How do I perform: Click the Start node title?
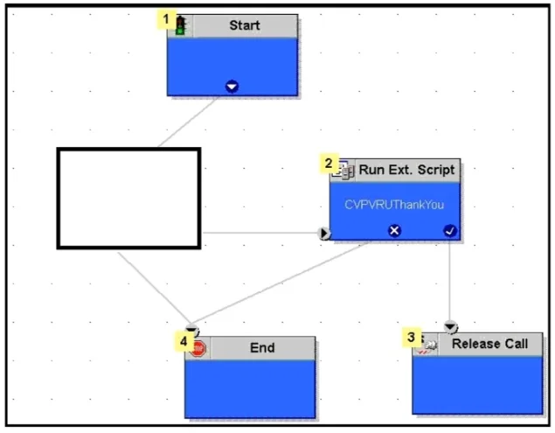245,25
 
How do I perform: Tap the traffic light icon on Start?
181,25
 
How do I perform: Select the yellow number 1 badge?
166,18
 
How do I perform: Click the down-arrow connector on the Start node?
232,87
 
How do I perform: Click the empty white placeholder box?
129,199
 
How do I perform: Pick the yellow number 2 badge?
329,164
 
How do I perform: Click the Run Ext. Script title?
406,170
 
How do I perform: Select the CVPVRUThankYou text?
394,205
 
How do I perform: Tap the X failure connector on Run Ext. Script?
394,231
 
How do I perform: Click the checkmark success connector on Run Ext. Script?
450,231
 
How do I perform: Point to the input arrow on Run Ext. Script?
324,234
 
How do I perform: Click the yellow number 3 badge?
412,337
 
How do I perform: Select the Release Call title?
489,344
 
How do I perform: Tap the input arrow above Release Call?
450,326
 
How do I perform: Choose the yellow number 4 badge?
184,341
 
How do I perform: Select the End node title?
262,347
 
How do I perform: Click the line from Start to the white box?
188,122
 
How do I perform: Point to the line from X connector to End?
280,283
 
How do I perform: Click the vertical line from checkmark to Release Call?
450,281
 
